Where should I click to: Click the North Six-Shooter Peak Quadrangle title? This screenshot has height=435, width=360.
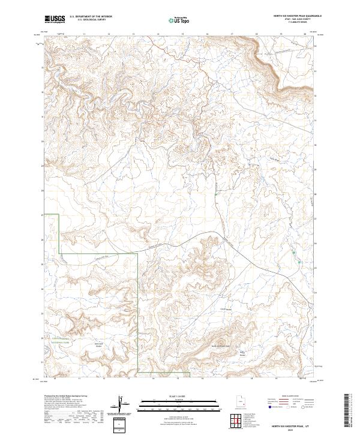coord(297,17)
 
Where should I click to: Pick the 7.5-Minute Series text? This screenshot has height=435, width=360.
coord(297,23)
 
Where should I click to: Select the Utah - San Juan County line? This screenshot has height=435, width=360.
coord(297,20)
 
